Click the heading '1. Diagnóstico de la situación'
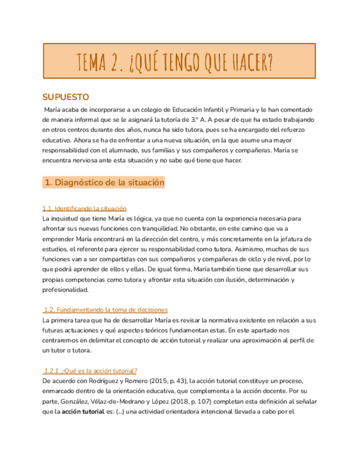tap(104, 183)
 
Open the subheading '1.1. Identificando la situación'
tap(85, 208)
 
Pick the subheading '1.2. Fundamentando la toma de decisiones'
tap(106, 309)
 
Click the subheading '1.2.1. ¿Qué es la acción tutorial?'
tap(91, 370)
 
